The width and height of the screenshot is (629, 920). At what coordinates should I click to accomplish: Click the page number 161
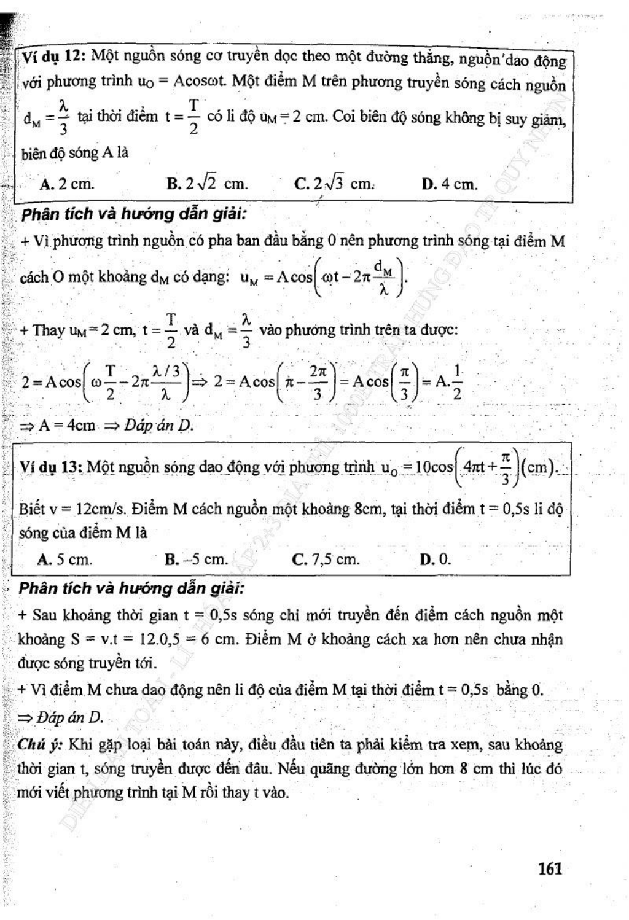click(x=550, y=868)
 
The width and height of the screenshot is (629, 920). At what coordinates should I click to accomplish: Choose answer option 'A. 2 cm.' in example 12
click(x=67, y=184)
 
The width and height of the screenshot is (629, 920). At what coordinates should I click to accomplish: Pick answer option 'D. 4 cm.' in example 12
click(x=449, y=184)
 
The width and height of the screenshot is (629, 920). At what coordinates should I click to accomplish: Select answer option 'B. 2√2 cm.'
click(x=208, y=184)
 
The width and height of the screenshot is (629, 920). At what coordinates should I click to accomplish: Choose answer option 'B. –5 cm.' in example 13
click(x=197, y=559)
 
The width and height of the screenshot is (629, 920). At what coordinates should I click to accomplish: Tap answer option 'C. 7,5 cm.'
click(x=326, y=559)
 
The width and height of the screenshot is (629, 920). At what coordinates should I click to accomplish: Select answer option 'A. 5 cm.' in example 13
click(x=64, y=559)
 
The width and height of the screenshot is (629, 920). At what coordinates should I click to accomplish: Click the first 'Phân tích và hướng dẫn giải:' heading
click(x=133, y=214)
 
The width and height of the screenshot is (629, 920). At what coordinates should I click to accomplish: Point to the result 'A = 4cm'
click(x=66, y=426)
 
